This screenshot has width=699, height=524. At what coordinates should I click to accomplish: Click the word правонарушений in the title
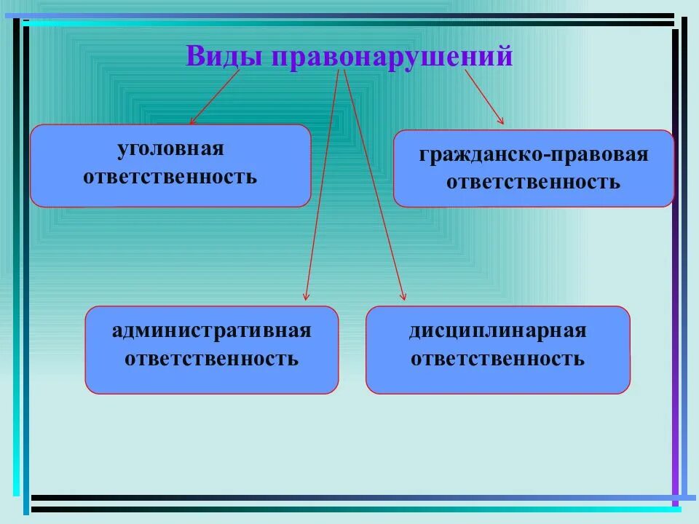392,57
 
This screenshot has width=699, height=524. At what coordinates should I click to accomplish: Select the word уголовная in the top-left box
170,149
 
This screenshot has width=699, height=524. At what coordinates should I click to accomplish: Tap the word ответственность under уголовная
170,176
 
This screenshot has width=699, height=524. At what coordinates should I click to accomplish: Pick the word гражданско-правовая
533,155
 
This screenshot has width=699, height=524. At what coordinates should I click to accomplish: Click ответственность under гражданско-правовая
533,182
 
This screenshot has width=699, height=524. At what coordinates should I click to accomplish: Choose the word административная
211,331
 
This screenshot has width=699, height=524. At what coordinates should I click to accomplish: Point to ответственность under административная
211,358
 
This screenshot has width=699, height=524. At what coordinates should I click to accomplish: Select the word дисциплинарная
497,331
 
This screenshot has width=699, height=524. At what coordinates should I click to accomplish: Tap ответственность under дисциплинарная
497,358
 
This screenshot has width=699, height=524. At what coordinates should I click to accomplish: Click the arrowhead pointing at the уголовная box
192,122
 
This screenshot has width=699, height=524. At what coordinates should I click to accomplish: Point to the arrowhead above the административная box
307,295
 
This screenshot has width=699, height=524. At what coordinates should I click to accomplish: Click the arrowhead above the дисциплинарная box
403,295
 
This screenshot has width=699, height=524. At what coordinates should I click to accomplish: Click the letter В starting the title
194,56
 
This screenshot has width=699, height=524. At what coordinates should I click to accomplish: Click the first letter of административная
117,332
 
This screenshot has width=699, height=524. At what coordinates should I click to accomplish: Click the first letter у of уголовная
122,150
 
